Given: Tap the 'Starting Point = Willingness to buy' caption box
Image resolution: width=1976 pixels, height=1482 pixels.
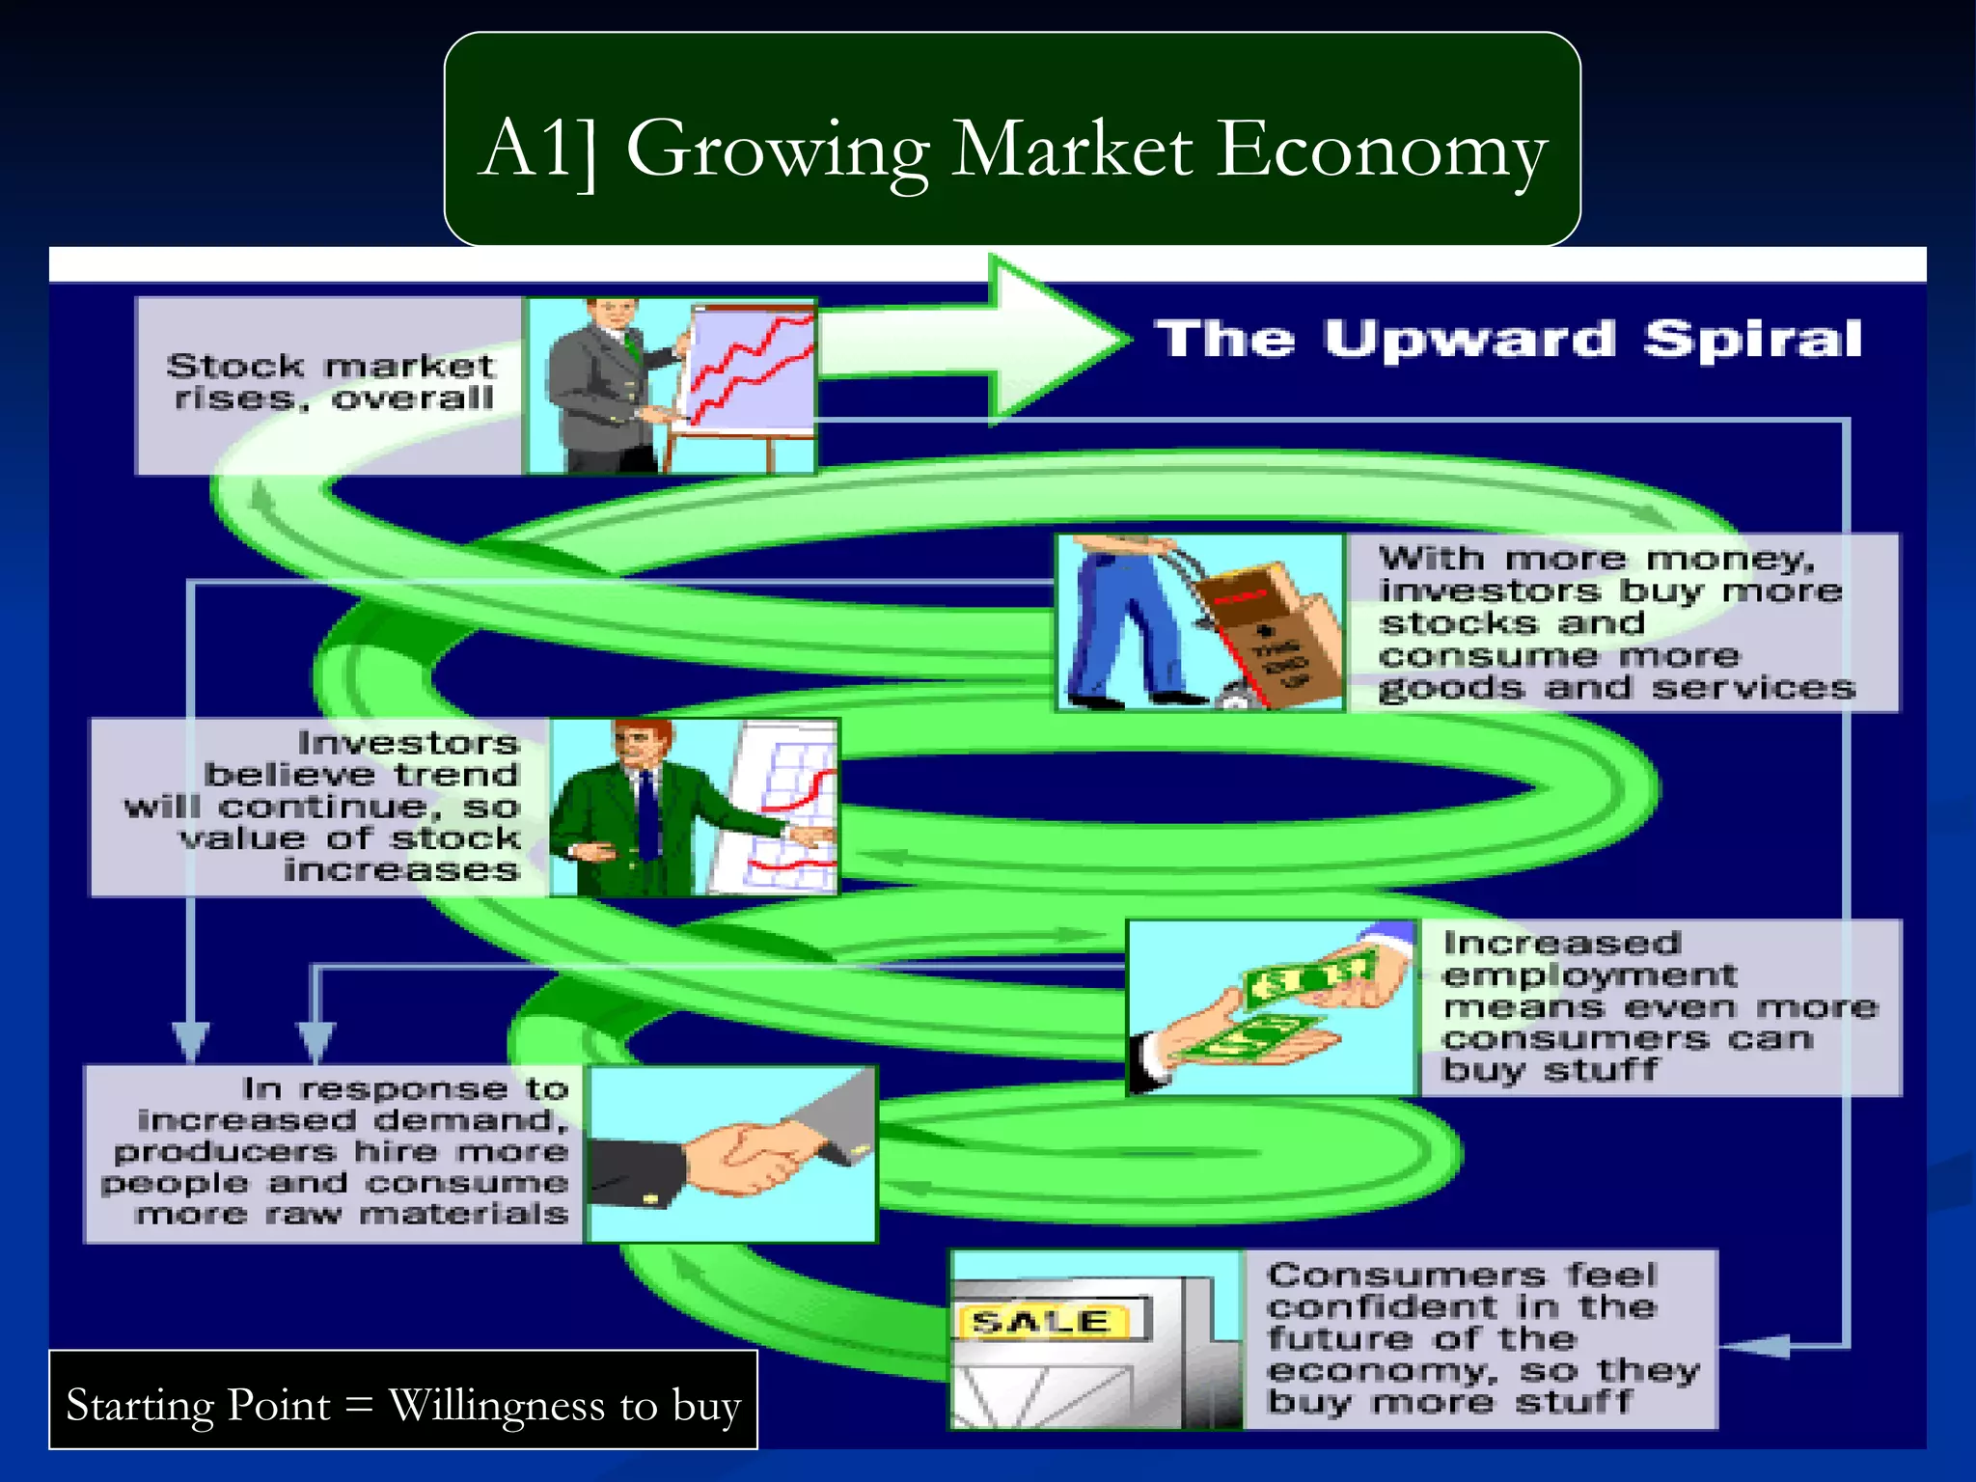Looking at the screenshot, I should click(403, 1401).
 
